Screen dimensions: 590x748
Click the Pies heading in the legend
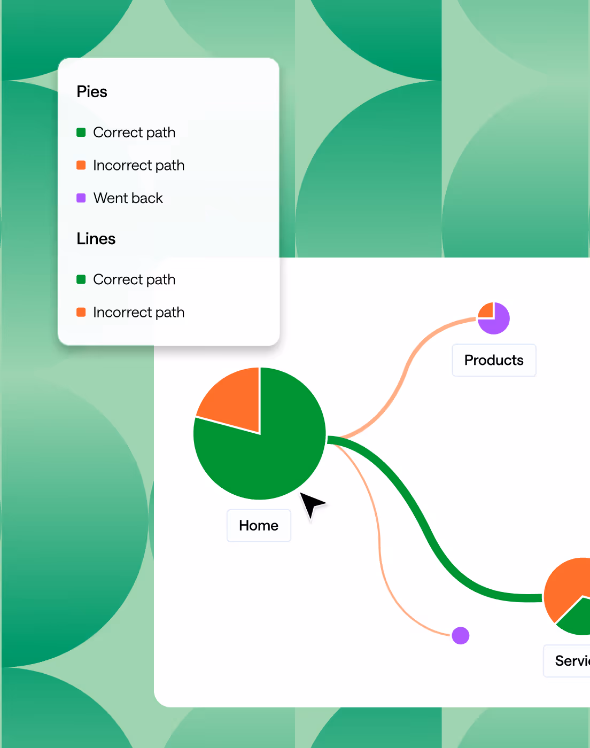tap(92, 92)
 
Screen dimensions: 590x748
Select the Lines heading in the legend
tap(96, 239)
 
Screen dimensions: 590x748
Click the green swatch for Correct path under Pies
tap(81, 133)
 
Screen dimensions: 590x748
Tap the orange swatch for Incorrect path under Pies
tap(81, 165)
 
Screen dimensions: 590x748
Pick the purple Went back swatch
tap(81, 198)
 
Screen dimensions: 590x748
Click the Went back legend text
tap(128, 198)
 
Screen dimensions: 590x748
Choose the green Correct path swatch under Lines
tap(81, 279)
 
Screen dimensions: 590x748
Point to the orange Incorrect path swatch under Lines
tap(81, 312)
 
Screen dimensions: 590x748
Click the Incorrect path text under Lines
tap(139, 312)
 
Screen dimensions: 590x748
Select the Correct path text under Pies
tap(134, 133)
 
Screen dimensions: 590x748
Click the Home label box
tap(259, 526)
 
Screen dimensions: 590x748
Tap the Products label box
tap(494, 360)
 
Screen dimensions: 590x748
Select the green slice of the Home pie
tap(267, 454)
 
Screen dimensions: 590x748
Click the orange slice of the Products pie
tap(486, 311)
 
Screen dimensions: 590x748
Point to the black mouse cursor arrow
tap(310, 503)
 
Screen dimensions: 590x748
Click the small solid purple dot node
tap(461, 636)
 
